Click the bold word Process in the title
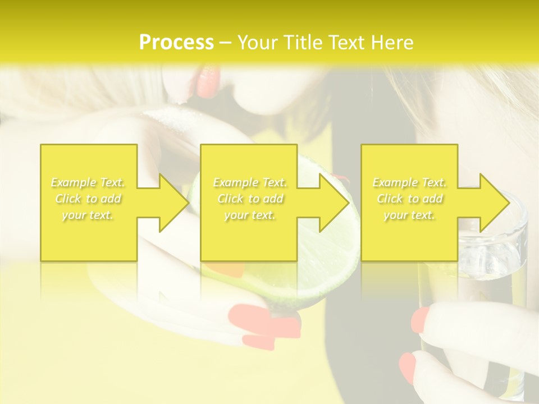(176, 43)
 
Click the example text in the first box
(88, 199)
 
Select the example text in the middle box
(250, 199)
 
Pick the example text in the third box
(409, 199)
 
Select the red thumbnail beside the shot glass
(420, 320)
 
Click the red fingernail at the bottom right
(407, 368)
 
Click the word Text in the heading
(349, 43)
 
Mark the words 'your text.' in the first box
(88, 215)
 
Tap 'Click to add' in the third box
(409, 199)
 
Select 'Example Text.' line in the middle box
(250, 182)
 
